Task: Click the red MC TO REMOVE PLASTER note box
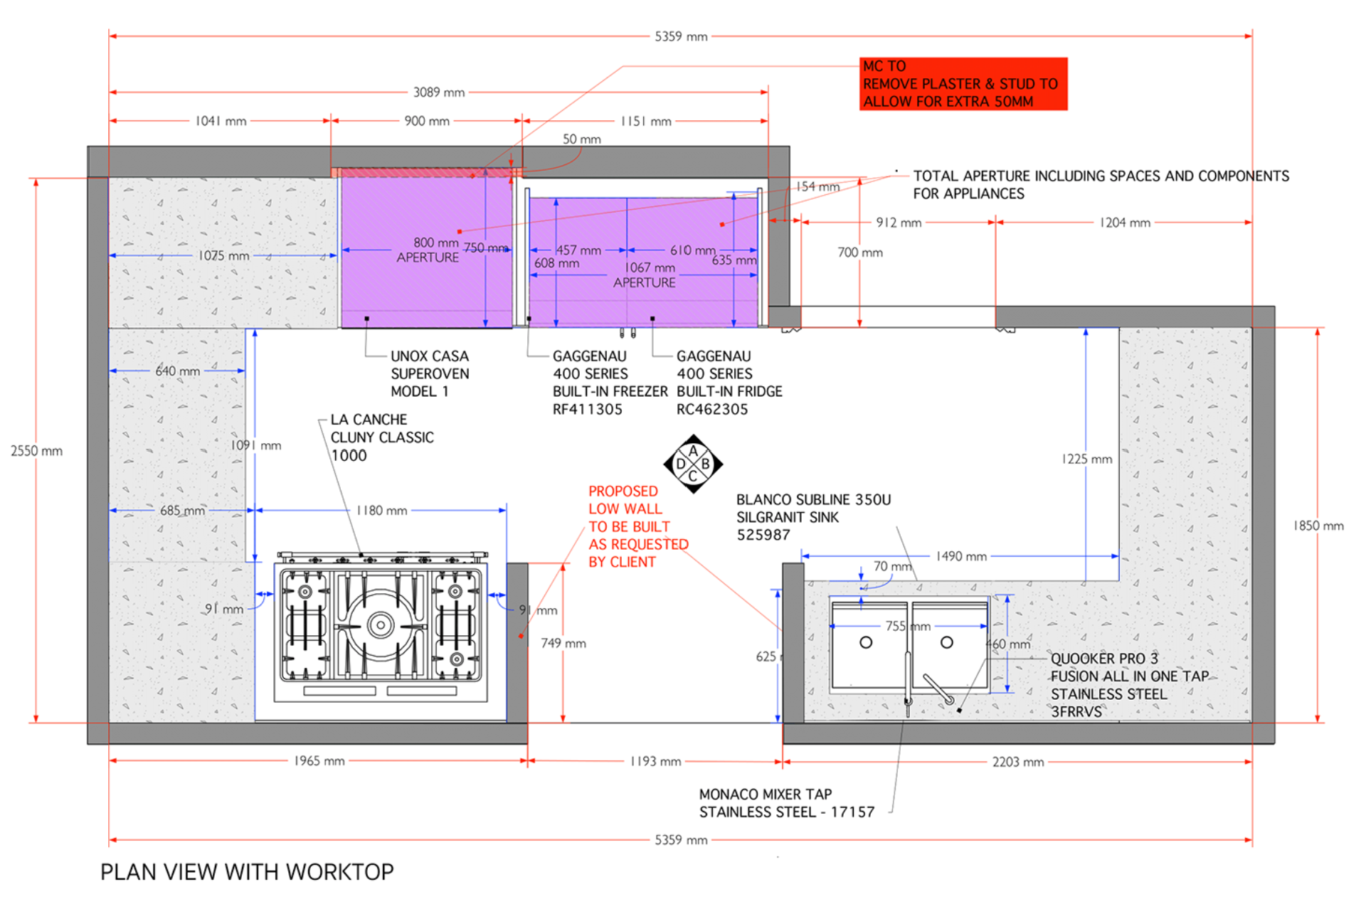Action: click(x=963, y=84)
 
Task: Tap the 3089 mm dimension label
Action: click(x=439, y=92)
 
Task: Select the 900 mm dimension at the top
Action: click(x=427, y=122)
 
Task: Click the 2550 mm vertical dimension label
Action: click(x=36, y=451)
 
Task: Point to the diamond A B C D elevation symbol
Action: click(x=693, y=464)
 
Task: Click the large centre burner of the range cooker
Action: click(x=381, y=625)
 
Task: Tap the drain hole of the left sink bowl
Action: click(x=866, y=642)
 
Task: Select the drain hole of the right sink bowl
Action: click(x=947, y=642)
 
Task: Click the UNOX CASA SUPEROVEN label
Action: click(x=430, y=374)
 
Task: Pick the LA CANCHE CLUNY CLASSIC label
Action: click(x=382, y=437)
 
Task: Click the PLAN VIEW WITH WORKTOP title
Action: click(x=247, y=872)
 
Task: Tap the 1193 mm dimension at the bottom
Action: click(x=655, y=762)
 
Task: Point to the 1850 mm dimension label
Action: click(x=1318, y=526)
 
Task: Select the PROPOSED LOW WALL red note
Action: click(x=638, y=526)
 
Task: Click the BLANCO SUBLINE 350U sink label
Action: click(x=813, y=517)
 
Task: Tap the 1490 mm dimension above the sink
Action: click(x=961, y=556)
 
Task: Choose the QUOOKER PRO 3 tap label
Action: click(x=1130, y=685)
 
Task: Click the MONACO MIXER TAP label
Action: click(x=787, y=803)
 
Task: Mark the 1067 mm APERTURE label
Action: click(x=645, y=275)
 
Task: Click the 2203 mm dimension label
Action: click(x=1018, y=762)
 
